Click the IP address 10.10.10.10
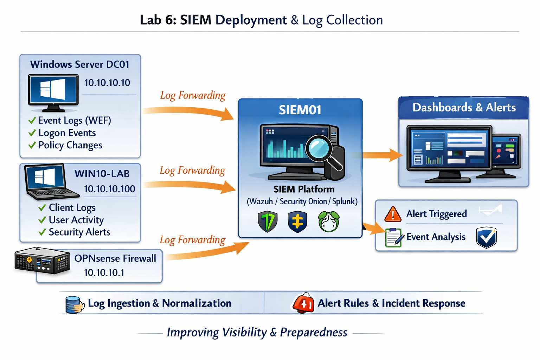[107, 83]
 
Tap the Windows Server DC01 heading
[80, 64]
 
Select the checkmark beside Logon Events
[32, 133]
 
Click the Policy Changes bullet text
[70, 145]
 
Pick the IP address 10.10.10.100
[109, 189]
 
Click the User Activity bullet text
[76, 220]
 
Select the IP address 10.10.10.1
[104, 273]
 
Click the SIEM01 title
[300, 110]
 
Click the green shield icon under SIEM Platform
[268, 221]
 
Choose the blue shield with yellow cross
[297, 222]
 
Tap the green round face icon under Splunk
[329, 221]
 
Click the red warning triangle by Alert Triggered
[393, 214]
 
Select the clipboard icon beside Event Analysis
[394, 238]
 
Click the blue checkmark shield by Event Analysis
[486, 237]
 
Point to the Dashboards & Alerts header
[464, 108]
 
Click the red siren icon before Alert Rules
[303, 303]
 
